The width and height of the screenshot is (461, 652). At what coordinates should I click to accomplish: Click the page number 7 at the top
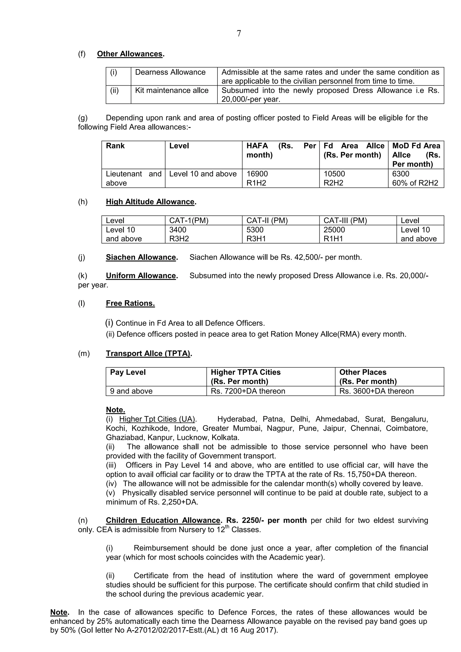tap(239, 34)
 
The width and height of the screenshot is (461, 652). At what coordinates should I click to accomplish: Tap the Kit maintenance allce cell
tap(172, 90)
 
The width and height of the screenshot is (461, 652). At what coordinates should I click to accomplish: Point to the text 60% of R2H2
tap(415, 183)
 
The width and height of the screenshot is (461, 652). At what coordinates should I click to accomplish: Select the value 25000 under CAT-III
tap(334, 229)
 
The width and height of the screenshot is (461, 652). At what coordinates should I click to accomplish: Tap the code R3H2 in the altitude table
tap(179, 239)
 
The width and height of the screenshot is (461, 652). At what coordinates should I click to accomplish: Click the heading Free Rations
tap(130, 303)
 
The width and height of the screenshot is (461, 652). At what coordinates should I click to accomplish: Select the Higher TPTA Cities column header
tap(246, 372)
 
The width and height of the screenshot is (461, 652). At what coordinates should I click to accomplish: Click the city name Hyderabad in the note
tap(237, 419)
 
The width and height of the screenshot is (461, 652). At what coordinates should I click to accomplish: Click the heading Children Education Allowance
tap(163, 520)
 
